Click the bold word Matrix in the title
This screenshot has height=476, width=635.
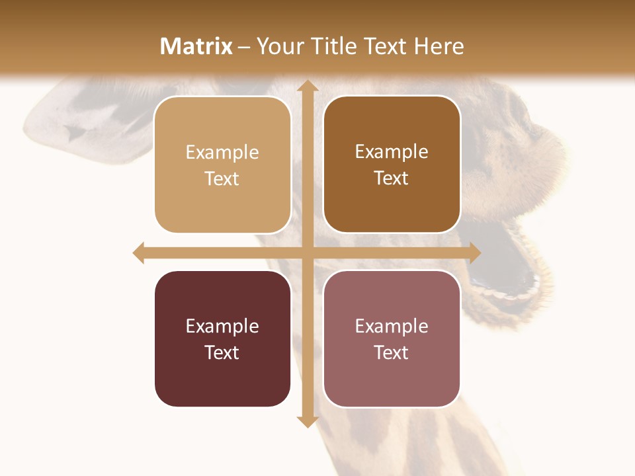point(196,46)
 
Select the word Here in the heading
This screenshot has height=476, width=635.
point(439,46)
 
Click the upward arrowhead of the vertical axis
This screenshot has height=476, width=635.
point(306,87)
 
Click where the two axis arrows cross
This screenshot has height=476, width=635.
point(306,253)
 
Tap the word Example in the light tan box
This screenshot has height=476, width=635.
point(222,152)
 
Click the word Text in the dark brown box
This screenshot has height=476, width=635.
point(392,178)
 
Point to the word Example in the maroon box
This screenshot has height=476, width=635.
point(222,326)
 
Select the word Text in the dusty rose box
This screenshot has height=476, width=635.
point(392,352)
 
